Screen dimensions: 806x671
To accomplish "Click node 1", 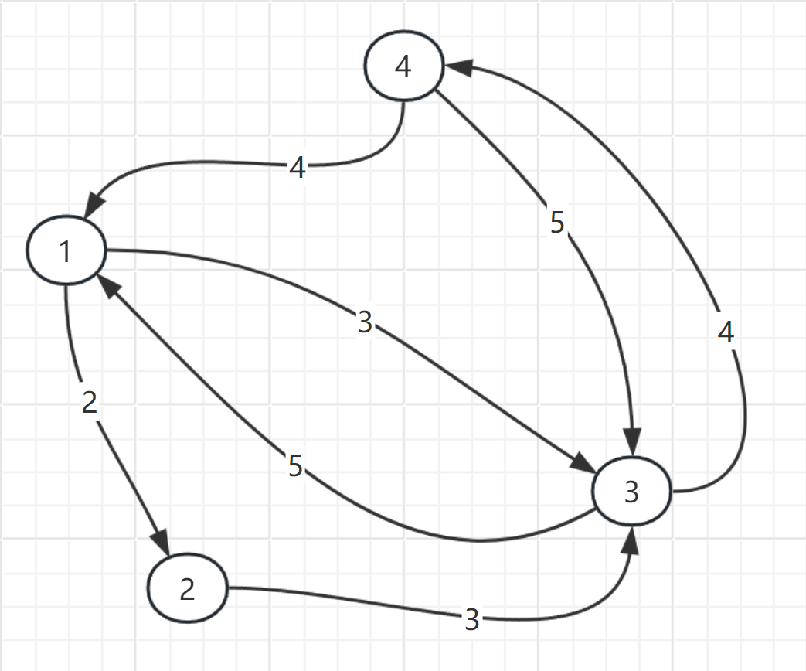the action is pyautogui.click(x=66, y=251).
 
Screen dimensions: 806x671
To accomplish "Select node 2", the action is pyautogui.click(x=187, y=589).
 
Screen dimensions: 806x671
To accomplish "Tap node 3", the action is pyautogui.click(x=631, y=492).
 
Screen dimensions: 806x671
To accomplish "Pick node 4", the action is pyautogui.click(x=403, y=66).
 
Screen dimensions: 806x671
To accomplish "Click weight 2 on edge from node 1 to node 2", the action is pyautogui.click(x=90, y=404).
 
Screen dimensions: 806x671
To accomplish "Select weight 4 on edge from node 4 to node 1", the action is pyautogui.click(x=298, y=168).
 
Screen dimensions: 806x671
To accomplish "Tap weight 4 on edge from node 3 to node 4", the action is pyautogui.click(x=725, y=332).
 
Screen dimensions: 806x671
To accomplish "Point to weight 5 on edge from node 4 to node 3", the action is pyautogui.click(x=558, y=223).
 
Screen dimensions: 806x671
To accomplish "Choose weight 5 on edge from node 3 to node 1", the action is pyautogui.click(x=295, y=466).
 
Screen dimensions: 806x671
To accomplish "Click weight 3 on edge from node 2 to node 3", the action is pyautogui.click(x=472, y=619).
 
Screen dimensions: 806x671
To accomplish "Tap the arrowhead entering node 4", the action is pyautogui.click(x=456, y=68).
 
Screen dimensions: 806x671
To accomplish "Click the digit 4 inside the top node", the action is pyautogui.click(x=403, y=66).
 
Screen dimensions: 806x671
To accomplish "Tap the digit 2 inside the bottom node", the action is pyautogui.click(x=187, y=589).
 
